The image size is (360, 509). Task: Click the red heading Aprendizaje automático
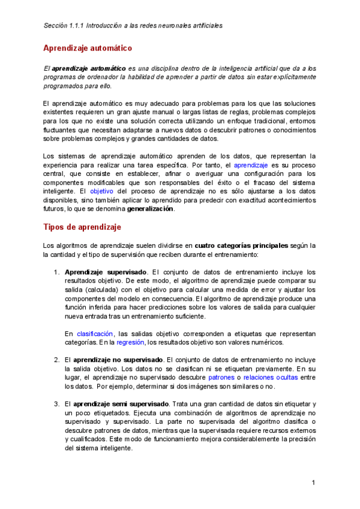pos(88,48)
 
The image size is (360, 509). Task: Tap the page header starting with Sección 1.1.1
pos(133,26)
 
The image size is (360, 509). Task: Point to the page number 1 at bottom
pos(313,483)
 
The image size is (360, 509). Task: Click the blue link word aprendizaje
pos(251,164)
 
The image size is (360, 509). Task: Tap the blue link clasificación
pos(95,334)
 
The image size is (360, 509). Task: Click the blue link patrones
pos(221,378)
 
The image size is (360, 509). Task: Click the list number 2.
pos(56,360)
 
